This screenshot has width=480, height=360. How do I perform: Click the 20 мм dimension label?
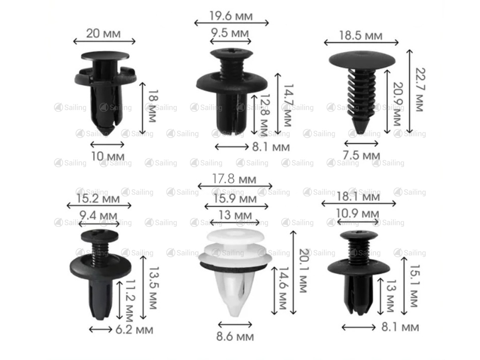(x=103, y=34)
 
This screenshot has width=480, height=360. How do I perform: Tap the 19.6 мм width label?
(x=231, y=16)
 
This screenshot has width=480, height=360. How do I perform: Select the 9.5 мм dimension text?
(x=230, y=33)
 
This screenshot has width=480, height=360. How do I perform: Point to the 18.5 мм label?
(x=361, y=36)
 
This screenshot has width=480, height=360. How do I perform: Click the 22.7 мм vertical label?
(x=420, y=90)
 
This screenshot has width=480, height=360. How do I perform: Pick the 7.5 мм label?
(x=361, y=156)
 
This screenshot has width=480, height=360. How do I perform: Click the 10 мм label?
(x=108, y=156)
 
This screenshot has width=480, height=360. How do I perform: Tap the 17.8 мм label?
(x=234, y=179)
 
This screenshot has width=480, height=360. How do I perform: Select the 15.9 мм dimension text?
(x=235, y=199)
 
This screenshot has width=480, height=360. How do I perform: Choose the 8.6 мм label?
(x=235, y=336)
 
